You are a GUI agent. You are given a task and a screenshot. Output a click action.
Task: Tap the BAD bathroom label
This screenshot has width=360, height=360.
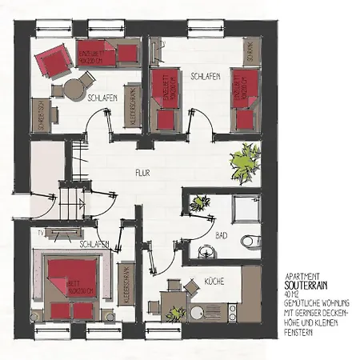point(222,235)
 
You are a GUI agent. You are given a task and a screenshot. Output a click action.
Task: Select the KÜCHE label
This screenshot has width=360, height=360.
point(214,281)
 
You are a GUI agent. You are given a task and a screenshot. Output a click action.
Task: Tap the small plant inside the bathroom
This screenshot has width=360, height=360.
point(200,202)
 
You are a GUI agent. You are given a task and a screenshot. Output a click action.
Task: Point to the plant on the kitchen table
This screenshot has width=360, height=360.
point(170,290)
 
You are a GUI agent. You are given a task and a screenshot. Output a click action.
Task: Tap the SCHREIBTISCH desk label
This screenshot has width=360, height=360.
point(38,112)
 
